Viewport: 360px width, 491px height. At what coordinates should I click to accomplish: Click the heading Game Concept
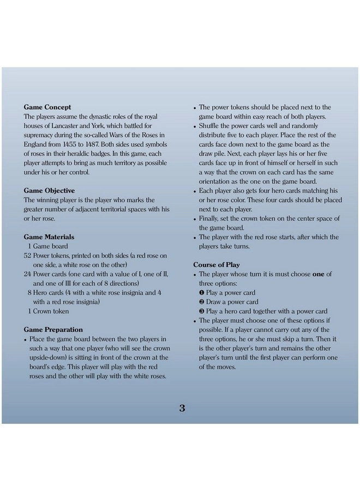click(47, 107)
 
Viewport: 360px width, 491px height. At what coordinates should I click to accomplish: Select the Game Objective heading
click(50, 191)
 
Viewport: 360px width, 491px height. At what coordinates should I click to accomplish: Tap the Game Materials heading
click(49, 237)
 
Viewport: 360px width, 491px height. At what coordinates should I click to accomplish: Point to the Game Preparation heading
click(53, 330)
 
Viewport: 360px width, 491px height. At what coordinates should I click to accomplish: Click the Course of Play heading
click(217, 265)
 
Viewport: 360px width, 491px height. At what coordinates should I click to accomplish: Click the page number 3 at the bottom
click(182, 409)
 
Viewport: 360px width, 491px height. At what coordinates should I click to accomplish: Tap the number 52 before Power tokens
click(28, 256)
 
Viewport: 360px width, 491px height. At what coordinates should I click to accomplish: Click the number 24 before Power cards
click(28, 274)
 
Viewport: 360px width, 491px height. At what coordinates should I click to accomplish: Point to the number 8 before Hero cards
click(29, 293)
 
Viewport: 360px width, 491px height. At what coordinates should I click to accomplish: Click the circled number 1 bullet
click(202, 293)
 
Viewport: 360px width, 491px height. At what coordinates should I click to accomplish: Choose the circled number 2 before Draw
click(202, 302)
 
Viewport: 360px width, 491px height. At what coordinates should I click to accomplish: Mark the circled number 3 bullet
click(202, 312)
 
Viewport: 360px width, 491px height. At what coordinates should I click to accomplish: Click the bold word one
click(318, 274)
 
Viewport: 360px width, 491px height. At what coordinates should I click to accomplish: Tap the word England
click(38, 145)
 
